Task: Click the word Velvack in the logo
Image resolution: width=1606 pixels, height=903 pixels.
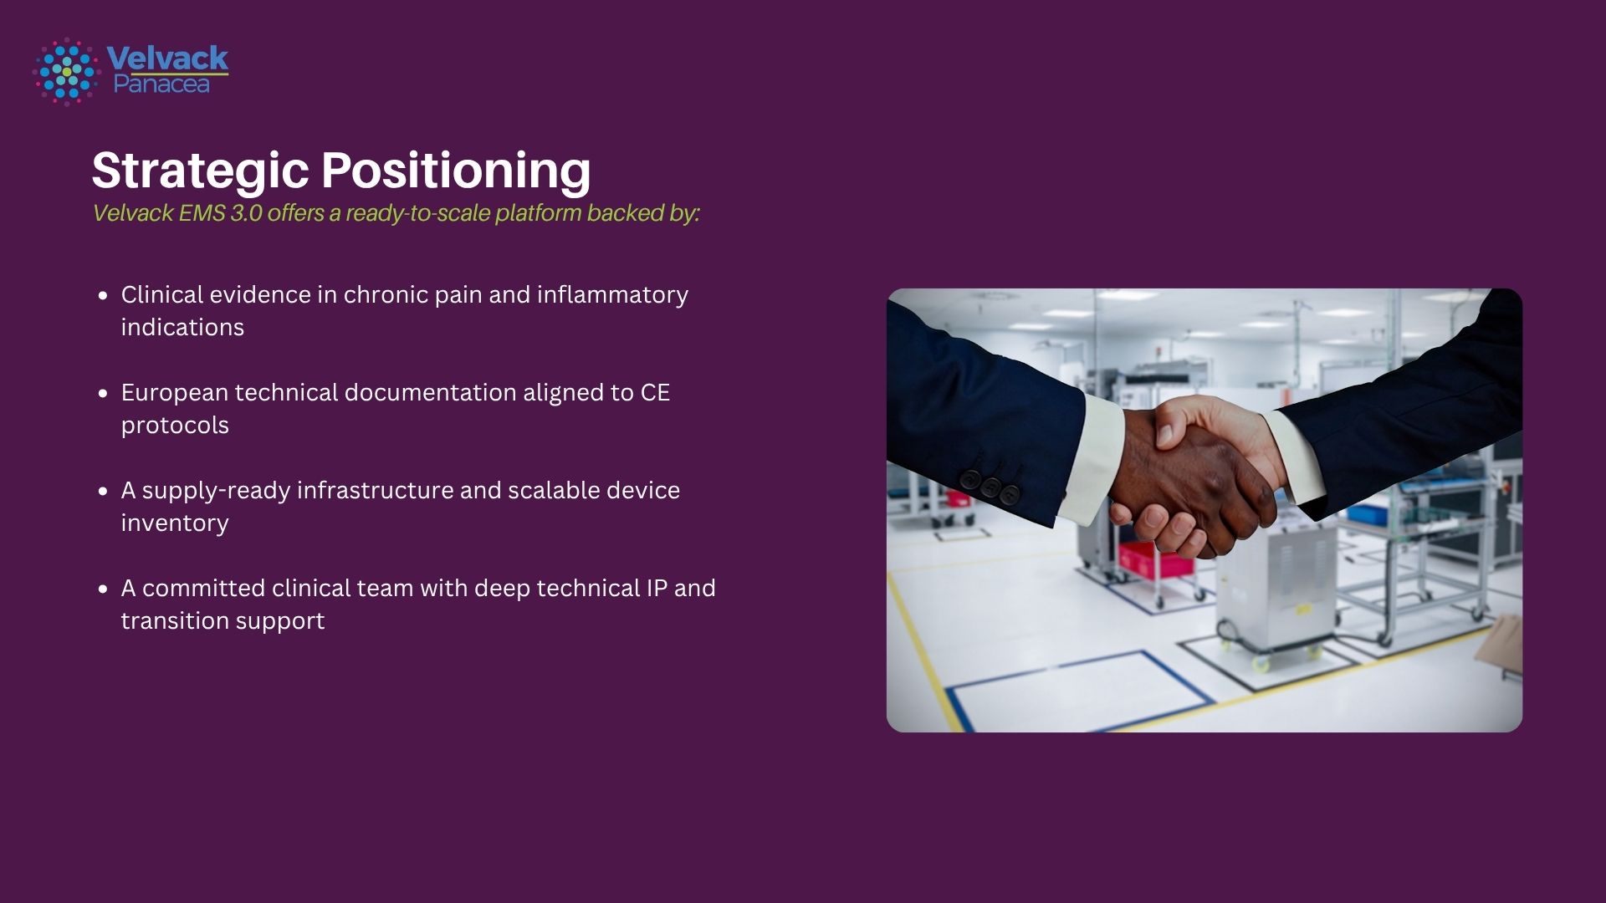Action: tap(167, 58)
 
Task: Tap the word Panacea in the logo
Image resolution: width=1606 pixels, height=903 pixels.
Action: tap(161, 84)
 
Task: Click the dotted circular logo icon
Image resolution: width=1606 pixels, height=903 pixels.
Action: tap(67, 72)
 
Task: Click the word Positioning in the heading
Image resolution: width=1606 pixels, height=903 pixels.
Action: tap(457, 171)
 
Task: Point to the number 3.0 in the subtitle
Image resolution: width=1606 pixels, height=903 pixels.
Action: tap(246, 213)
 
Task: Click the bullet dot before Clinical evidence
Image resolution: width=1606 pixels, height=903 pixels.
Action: tap(103, 295)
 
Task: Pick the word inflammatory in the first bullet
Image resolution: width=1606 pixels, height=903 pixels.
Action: tap(612, 295)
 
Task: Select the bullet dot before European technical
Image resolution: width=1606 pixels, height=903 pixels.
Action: tap(103, 393)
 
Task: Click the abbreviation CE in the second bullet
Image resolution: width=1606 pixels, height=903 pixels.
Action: tap(655, 393)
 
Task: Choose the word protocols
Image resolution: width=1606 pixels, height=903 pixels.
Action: tap(175, 426)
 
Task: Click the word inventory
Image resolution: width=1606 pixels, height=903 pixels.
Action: tap(175, 523)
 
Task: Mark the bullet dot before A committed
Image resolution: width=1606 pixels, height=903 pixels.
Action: tap(103, 589)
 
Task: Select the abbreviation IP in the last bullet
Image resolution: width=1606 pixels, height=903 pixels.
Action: tap(657, 589)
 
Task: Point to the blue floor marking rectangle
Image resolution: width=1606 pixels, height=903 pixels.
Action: tap(1079, 690)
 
